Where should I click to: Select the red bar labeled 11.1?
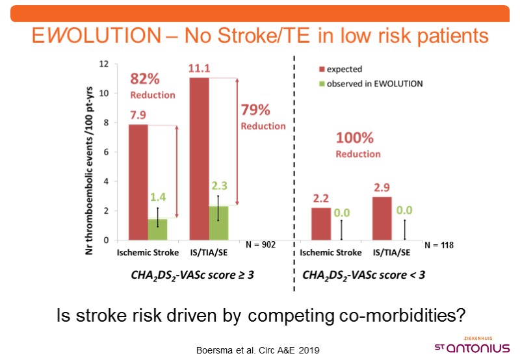point(199,159)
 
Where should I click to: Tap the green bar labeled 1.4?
point(157,229)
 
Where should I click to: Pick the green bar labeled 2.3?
point(218,223)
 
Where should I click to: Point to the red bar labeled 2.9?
point(382,218)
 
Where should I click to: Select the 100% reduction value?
point(355,138)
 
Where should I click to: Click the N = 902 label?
point(261,245)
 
